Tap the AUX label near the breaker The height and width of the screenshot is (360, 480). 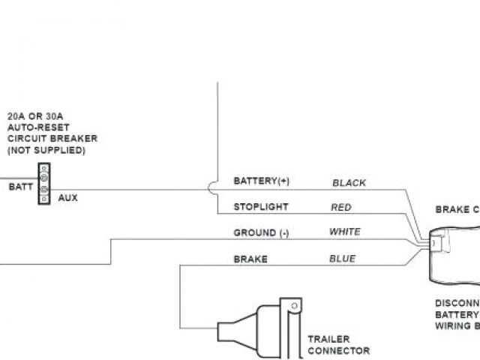tap(67, 198)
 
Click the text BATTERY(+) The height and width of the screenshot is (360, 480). tap(261, 181)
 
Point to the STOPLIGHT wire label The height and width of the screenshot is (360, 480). tap(261, 206)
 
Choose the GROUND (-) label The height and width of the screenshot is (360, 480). tap(261, 232)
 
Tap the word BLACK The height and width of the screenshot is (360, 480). tap(349, 182)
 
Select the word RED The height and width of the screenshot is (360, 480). tap(341, 207)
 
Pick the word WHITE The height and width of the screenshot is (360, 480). tap(345, 232)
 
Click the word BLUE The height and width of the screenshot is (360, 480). tap(342, 259)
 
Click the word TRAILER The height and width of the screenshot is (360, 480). tap(328, 339)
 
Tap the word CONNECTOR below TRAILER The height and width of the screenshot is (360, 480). tap(338, 350)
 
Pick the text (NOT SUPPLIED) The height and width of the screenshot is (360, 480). tap(46, 150)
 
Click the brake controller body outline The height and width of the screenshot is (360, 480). tap(450, 255)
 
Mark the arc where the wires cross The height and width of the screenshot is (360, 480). tap(211, 186)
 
